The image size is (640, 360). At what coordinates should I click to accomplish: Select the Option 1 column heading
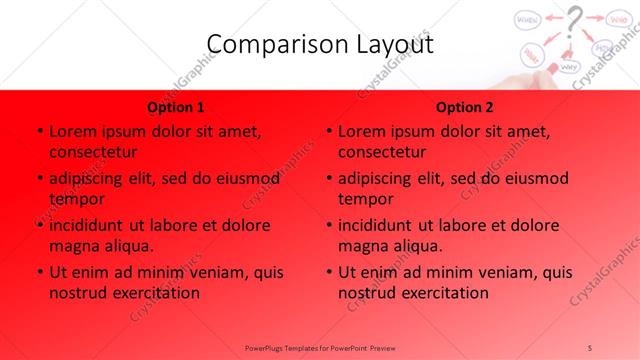click(x=176, y=107)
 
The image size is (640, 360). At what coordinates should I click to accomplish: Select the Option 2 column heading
click(x=465, y=107)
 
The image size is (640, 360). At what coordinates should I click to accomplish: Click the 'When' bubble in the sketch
click(x=530, y=19)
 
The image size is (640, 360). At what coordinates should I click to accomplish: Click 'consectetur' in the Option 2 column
click(x=382, y=153)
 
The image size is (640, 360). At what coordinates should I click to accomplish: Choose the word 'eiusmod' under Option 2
click(x=533, y=179)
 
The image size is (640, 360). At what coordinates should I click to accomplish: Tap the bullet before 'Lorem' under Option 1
click(x=38, y=132)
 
